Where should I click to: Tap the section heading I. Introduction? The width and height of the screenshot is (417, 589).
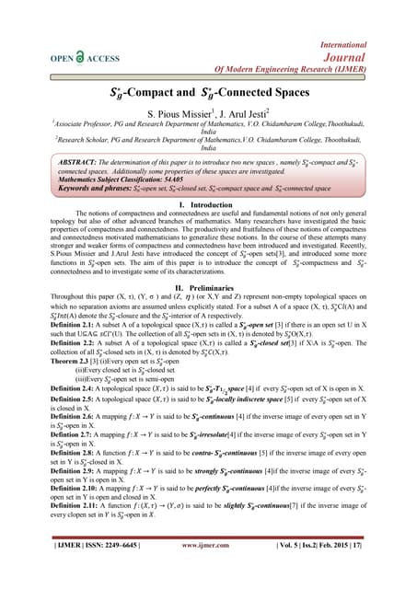207,203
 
